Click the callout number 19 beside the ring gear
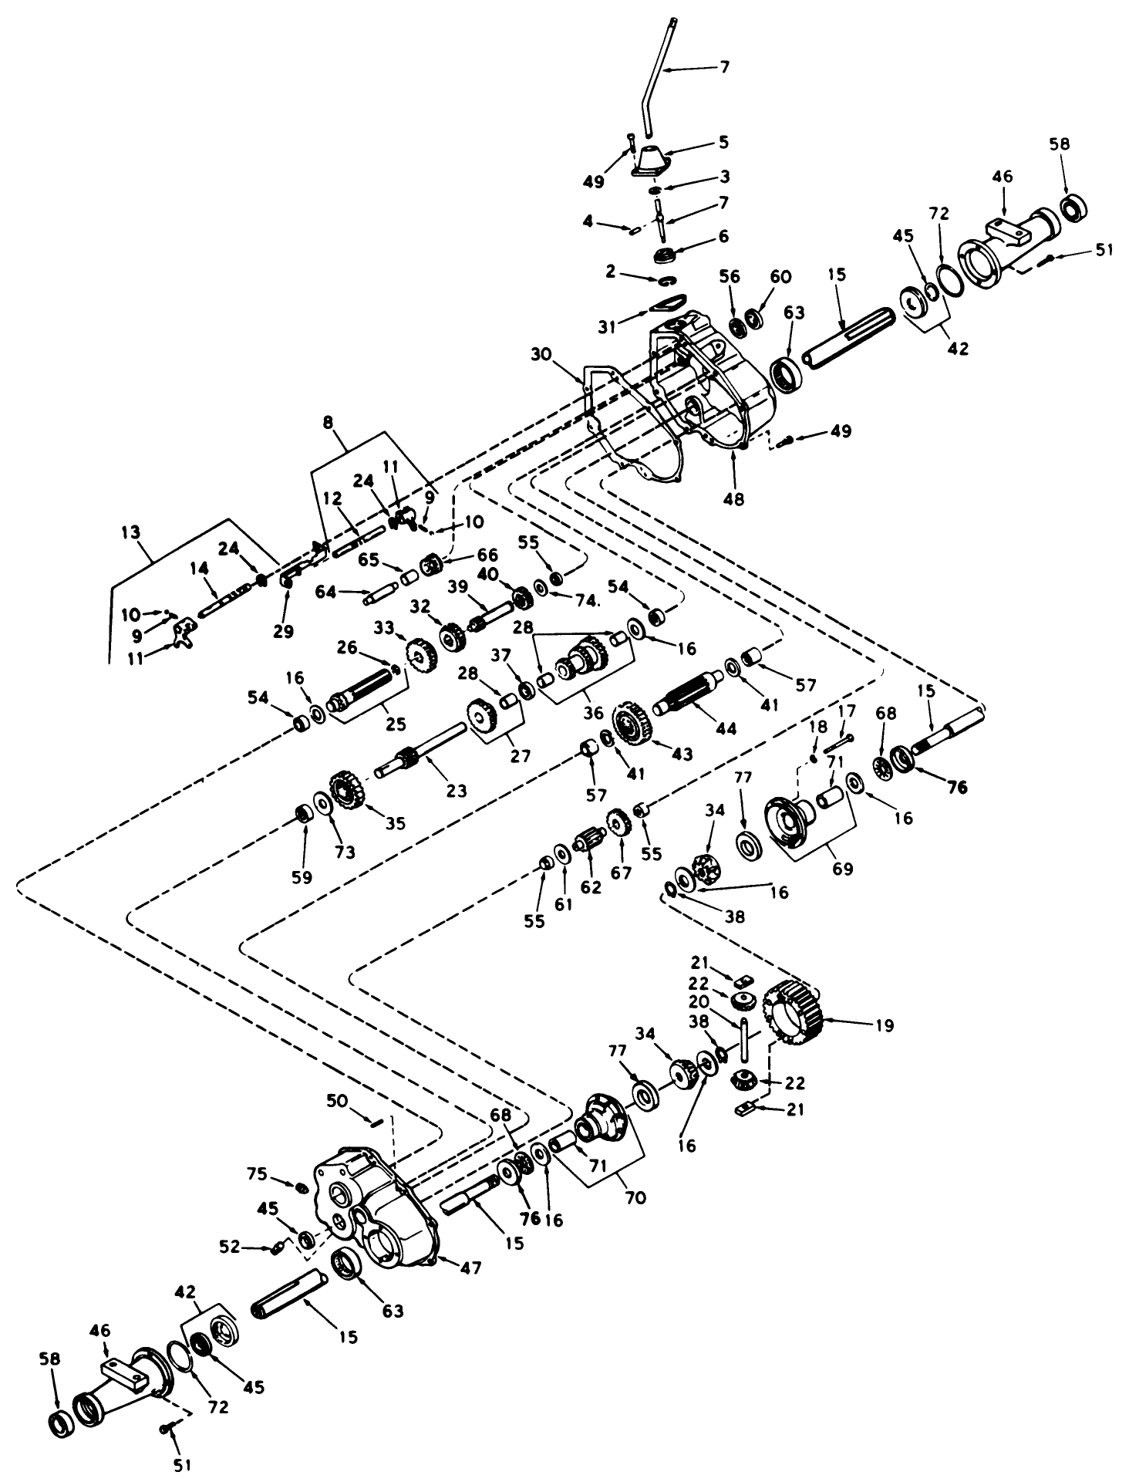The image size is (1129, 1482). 884,1026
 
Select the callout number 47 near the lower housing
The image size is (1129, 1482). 471,1268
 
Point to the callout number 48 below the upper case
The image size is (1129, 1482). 734,499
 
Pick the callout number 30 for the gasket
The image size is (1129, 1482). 541,355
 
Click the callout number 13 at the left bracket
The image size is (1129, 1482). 132,532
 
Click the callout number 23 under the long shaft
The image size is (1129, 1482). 457,791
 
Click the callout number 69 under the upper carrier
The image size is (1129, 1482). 843,869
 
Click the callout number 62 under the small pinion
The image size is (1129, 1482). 591,887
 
